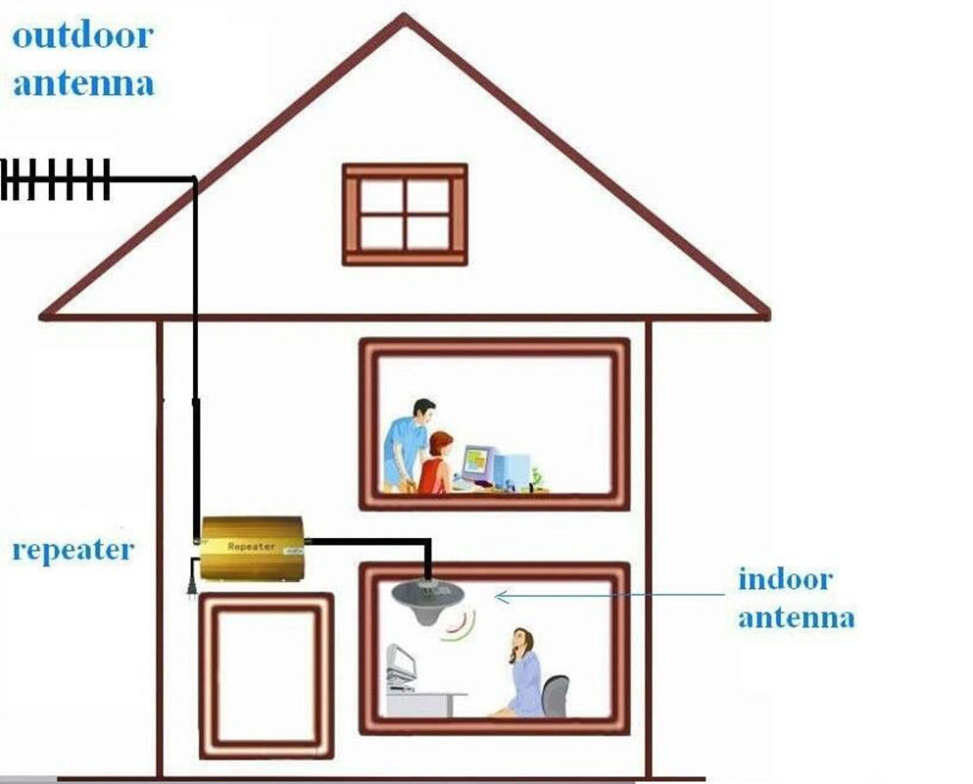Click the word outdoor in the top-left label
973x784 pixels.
coord(82,36)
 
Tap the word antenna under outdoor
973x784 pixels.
coord(82,82)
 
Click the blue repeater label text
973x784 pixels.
coord(72,549)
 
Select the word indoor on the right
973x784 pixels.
coord(785,578)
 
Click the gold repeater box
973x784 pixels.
coord(251,549)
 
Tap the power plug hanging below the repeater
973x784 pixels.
coord(192,577)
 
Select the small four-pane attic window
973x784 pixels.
coord(405,215)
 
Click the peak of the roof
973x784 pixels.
coord(404,18)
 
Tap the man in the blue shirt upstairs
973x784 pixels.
coord(406,441)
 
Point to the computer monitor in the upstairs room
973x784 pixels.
coord(477,464)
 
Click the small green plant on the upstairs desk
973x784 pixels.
coord(536,478)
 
